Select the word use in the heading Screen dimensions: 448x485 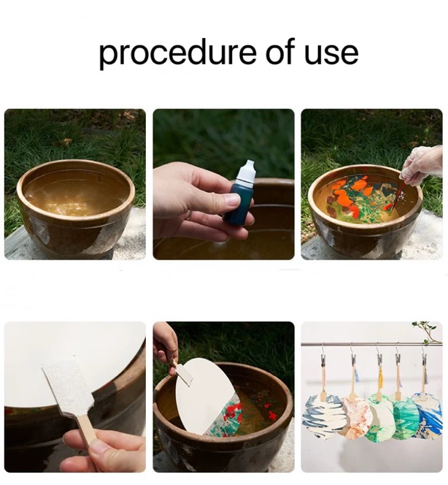point(331,54)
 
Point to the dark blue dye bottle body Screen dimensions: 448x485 point(239,201)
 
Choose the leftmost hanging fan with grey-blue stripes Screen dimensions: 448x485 point(323,413)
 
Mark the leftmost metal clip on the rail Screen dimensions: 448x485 point(323,356)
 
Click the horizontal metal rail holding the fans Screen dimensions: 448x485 point(371,344)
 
